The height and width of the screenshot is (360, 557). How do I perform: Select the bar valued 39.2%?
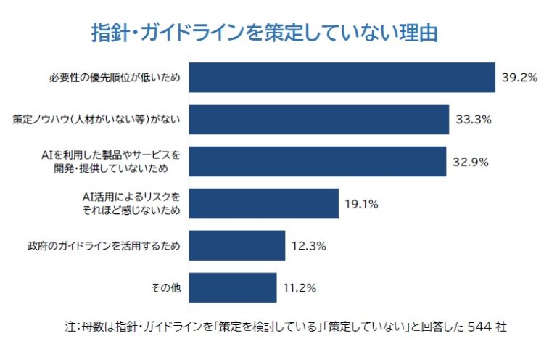point(342,77)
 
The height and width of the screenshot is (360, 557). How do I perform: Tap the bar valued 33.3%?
point(319,119)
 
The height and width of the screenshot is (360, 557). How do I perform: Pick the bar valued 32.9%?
point(318,161)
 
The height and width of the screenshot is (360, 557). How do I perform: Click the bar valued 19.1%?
point(264,203)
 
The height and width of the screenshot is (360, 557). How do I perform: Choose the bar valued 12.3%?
point(237,245)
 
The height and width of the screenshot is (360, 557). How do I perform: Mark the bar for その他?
point(233,287)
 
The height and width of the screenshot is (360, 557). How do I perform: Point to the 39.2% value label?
point(519,77)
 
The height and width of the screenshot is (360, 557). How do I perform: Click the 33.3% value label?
point(474,119)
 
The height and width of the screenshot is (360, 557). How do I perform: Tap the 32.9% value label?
point(471,161)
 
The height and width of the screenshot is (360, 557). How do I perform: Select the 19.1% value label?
point(361,203)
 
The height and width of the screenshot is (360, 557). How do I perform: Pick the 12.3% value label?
point(308,245)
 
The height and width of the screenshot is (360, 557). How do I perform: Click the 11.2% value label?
point(300,287)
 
